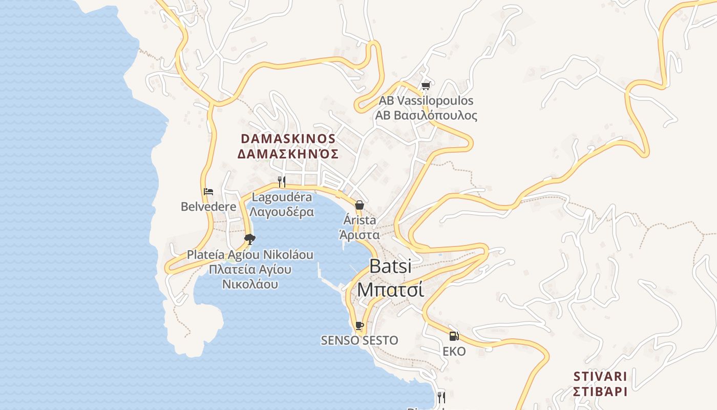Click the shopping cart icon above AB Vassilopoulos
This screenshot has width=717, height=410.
pyautogui.click(x=425, y=85)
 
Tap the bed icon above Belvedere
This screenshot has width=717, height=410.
pyautogui.click(x=208, y=192)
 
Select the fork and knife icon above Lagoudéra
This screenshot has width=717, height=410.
pyautogui.click(x=281, y=181)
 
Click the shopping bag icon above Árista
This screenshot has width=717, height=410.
pyautogui.click(x=360, y=205)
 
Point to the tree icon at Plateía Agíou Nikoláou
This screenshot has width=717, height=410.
pyautogui.click(x=250, y=239)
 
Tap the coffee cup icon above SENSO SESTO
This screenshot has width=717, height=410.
pyautogui.click(x=359, y=325)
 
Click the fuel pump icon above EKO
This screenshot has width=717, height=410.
pyautogui.click(x=454, y=336)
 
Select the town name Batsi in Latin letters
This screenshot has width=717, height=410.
pyautogui.click(x=390, y=266)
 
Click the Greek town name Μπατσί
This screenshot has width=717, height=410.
pyautogui.click(x=390, y=290)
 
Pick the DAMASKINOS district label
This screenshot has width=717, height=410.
pyautogui.click(x=288, y=139)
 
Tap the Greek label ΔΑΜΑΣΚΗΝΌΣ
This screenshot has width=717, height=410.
pyautogui.click(x=288, y=154)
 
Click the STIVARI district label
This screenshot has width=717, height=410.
pyautogui.click(x=600, y=377)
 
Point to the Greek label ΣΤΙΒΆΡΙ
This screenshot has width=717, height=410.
pyautogui.click(x=600, y=392)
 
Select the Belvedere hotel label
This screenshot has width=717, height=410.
pyautogui.click(x=208, y=207)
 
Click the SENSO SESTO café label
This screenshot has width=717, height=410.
pyautogui.click(x=359, y=340)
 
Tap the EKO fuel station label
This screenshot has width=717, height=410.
pyautogui.click(x=454, y=352)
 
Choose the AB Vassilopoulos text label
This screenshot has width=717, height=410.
pyautogui.click(x=426, y=100)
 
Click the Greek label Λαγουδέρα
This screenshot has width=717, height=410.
pyautogui.click(x=282, y=212)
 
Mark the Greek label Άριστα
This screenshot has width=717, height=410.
pyautogui.click(x=360, y=235)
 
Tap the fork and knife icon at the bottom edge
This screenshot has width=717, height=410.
pyautogui.click(x=441, y=397)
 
